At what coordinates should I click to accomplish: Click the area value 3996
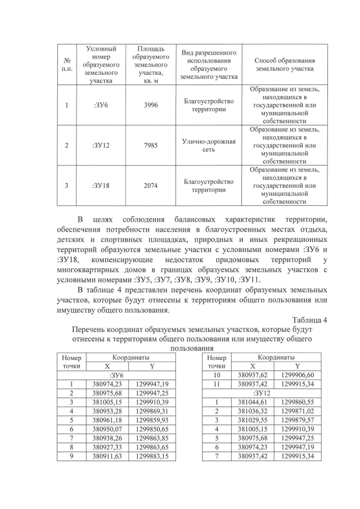151,105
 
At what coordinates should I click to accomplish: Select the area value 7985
151,146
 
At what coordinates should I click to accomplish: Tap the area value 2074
151,186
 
